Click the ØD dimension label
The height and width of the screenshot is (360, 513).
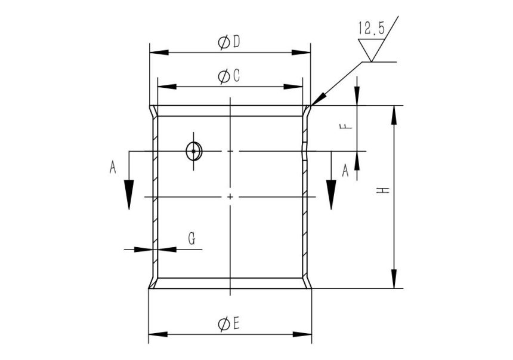(x=229, y=42)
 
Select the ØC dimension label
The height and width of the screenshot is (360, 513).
(x=229, y=76)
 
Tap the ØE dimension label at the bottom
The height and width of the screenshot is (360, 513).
(x=229, y=324)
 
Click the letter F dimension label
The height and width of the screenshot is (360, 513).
(x=348, y=127)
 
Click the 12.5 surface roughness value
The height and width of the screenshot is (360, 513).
(x=371, y=28)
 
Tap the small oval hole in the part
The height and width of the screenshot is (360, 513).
(x=194, y=152)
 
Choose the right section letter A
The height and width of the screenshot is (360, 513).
(x=345, y=171)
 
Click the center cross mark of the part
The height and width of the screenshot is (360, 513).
(x=230, y=196)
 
